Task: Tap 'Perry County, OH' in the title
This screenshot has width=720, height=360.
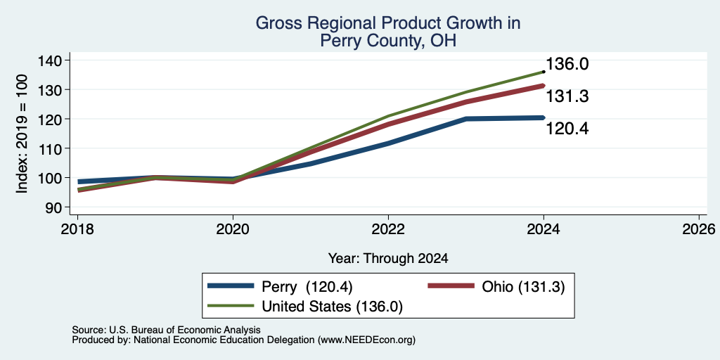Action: click(x=388, y=41)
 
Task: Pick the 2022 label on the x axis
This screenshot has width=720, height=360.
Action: click(x=388, y=229)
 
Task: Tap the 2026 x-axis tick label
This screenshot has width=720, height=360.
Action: click(x=699, y=229)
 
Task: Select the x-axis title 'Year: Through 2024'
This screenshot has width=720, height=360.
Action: click(x=388, y=259)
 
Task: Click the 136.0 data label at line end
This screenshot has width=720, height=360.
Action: click(x=567, y=64)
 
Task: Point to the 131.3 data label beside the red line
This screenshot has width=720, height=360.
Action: click(x=567, y=96)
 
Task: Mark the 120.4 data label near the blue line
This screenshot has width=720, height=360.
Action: click(x=567, y=129)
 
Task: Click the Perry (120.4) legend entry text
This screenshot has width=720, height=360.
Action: click(x=307, y=287)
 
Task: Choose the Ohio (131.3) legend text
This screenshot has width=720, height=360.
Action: click(x=523, y=287)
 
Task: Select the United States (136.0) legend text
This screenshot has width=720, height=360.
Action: click(x=332, y=307)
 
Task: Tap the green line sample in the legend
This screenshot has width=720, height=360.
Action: click(x=231, y=306)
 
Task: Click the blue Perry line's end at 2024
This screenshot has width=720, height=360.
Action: click(x=544, y=117)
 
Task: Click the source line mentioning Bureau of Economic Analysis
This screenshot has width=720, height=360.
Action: click(x=166, y=330)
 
